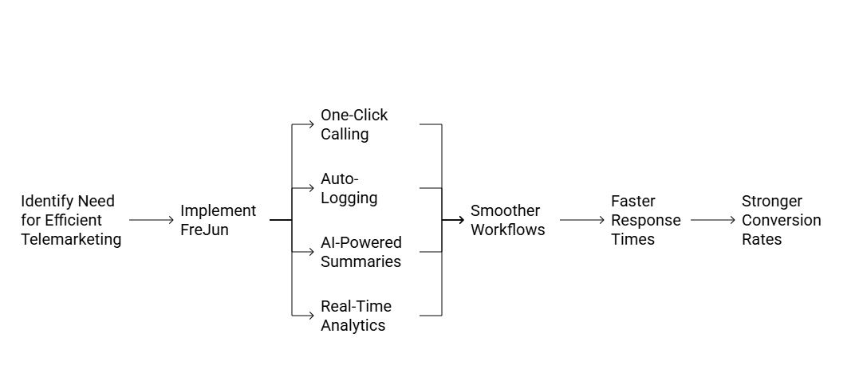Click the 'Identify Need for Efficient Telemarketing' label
[71, 220]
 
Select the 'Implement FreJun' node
[217, 220]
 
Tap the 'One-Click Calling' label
[354, 124]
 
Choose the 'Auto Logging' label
[349, 188]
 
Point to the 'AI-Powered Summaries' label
[361, 252]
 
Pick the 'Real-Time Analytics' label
[356, 316]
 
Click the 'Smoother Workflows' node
[506, 220]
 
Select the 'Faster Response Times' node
[645, 220]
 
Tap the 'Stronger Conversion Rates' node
[781, 220]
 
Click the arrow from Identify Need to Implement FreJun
[151, 220]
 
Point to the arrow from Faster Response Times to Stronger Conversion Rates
[712, 220]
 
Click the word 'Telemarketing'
[71, 239]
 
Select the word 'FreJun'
[204, 230]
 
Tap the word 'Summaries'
[361, 261]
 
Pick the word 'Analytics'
[353, 325]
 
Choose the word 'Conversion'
[781, 220]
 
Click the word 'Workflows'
[507, 230]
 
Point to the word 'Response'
[645, 220]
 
